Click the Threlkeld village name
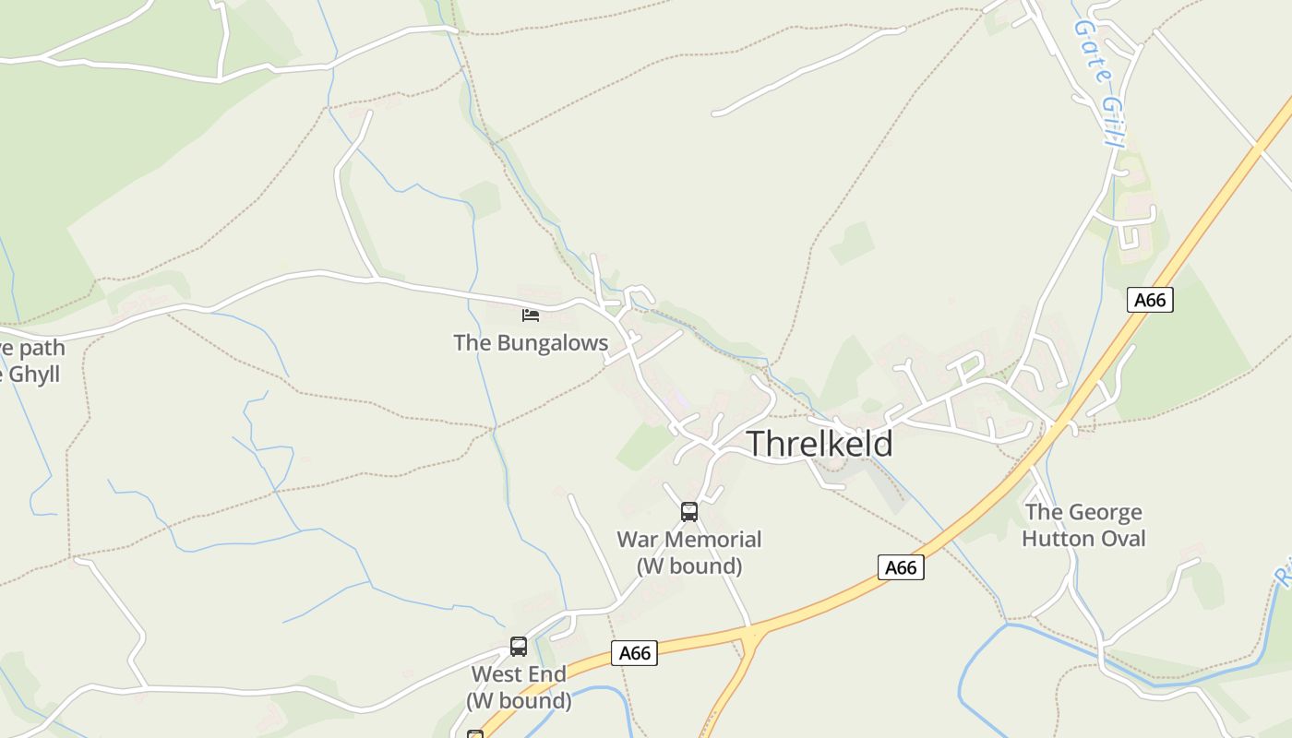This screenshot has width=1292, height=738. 819,444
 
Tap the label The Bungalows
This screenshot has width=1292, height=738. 531,343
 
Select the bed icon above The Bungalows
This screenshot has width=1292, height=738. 530,315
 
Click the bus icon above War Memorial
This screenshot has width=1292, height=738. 688,512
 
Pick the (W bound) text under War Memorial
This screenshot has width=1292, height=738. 688,565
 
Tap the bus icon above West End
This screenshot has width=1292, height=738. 519,647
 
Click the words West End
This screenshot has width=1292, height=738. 519,674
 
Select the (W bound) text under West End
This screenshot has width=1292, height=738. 519,701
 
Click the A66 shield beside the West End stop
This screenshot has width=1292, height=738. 635,653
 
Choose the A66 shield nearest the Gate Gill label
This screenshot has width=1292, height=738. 1150,300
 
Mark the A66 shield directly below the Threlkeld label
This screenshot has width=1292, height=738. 901,567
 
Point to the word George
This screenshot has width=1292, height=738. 1105,512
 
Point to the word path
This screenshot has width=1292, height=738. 42,348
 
